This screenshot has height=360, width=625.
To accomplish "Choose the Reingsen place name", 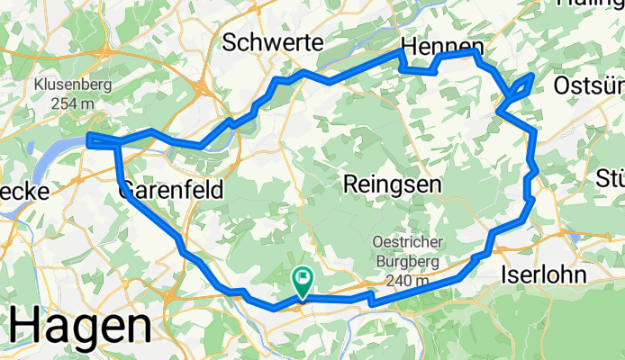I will (392, 184).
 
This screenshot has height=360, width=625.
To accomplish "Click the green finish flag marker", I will (303, 280).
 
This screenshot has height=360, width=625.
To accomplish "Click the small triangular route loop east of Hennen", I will (521, 88).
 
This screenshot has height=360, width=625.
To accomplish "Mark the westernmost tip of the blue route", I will (87, 139).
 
